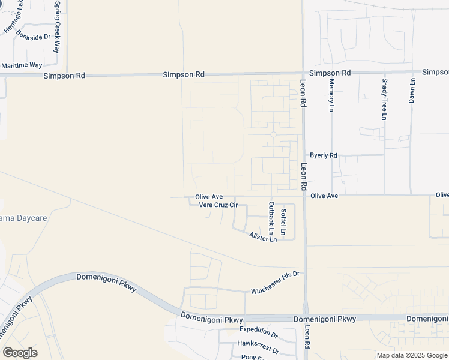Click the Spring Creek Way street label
click(x=57, y=26)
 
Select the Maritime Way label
click(x=22, y=65)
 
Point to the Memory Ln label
click(x=331, y=94)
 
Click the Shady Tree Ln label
click(x=384, y=98)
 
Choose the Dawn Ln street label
click(x=412, y=90)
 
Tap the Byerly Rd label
click(x=324, y=155)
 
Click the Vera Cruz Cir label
click(x=218, y=205)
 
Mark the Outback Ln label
click(x=271, y=218)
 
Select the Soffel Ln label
click(x=284, y=221)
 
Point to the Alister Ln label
click(x=263, y=238)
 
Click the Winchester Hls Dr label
click(x=275, y=291)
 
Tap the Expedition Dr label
click(x=259, y=329)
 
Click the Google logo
click(x=20, y=353)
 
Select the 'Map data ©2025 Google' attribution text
click(x=412, y=355)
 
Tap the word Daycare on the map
click(x=31, y=218)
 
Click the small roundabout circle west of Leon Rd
click(x=273, y=134)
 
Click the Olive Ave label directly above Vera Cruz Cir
click(x=209, y=197)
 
